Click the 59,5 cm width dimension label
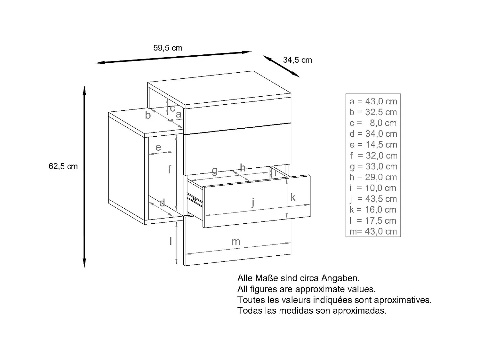(x=168, y=48)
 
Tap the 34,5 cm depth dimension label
(x=297, y=60)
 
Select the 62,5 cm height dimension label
(x=63, y=166)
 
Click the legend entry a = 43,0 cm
(x=373, y=101)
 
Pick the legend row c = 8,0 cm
(x=373, y=123)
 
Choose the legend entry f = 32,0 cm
(x=373, y=156)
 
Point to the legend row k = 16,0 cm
(x=373, y=210)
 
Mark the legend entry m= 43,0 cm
(x=373, y=231)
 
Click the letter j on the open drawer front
(x=253, y=202)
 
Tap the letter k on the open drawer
(x=293, y=198)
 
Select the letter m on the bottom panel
(x=236, y=242)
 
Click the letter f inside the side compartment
(x=170, y=169)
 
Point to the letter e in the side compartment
(x=158, y=148)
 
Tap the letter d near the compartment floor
(x=162, y=203)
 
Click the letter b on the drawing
(x=148, y=115)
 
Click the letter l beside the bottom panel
(x=171, y=241)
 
